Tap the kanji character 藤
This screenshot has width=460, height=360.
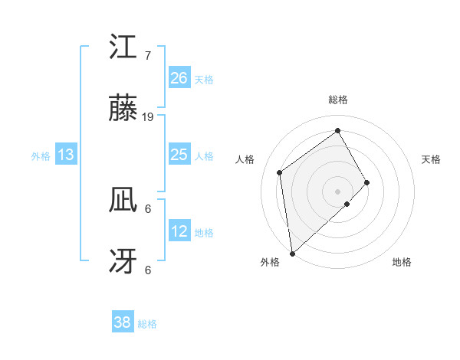pos(123,110)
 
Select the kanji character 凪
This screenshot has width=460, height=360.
pos(123,201)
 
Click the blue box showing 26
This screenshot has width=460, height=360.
pos(179,77)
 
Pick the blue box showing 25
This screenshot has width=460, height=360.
pos(179,155)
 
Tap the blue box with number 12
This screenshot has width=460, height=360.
pos(179,231)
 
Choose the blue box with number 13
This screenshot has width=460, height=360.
pos(66,155)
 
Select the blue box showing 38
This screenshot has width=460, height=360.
pos(123,322)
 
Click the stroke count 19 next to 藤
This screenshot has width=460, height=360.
pos(148,117)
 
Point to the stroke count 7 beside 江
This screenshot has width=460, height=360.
pos(147,56)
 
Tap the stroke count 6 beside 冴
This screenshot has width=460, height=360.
pos(147,270)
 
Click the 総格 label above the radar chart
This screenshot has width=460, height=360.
pos(338,100)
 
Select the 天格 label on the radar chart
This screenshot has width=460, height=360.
pos(432,159)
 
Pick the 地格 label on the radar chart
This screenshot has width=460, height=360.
pos(402,263)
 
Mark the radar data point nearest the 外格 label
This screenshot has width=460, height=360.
pos(291,253)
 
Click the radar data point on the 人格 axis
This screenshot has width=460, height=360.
pos(280,172)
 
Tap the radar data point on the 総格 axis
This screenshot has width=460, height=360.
pos(338,131)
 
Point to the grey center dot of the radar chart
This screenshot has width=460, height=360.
pos(338,191)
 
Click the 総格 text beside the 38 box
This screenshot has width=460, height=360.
pos(147,324)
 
